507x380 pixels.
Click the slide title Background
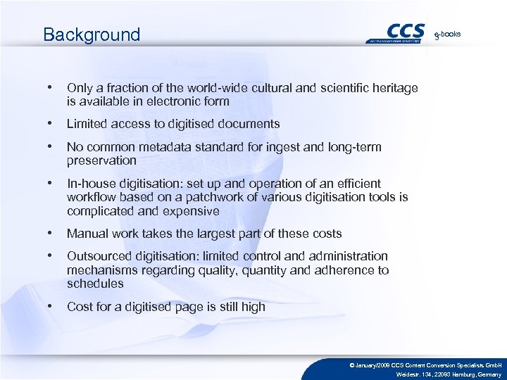pyautogui.click(x=92, y=34)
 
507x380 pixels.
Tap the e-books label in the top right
pyautogui.click(x=448, y=34)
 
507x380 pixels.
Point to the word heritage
pyautogui.click(x=394, y=88)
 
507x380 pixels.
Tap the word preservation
pyautogui.click(x=101, y=160)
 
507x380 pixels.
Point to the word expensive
pyautogui.click(x=191, y=211)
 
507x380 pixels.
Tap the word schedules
pyautogui.click(x=95, y=284)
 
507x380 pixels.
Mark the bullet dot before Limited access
pyautogui.click(x=49, y=123)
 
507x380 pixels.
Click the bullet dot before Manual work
pyautogui.click(x=49, y=233)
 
